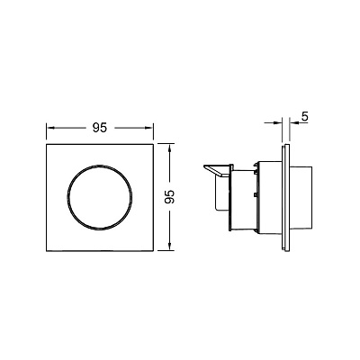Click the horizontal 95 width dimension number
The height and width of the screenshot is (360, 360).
100,128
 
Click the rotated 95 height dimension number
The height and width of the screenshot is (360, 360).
169,197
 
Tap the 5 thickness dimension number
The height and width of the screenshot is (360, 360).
304,116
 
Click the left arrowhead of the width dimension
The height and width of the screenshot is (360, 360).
50,128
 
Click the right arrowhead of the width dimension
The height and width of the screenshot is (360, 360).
149,128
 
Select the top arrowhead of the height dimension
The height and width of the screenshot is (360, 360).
170,148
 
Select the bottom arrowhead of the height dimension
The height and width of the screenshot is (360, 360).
170,247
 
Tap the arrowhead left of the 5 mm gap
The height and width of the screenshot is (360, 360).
279,122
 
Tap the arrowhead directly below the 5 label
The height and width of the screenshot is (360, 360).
293,122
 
